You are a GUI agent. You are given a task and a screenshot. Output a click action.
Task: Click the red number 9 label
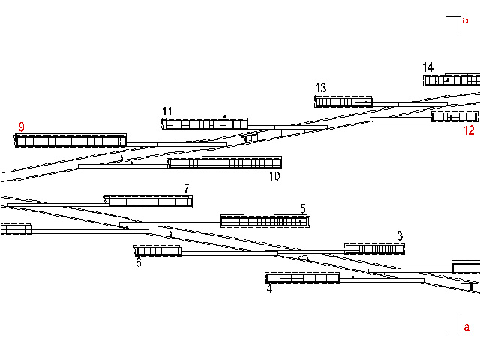click(22, 127)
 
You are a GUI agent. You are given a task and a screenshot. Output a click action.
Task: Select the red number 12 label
click(469, 130)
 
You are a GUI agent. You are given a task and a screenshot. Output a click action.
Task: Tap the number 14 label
click(428, 67)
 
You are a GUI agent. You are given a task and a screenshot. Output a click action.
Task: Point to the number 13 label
click(321, 88)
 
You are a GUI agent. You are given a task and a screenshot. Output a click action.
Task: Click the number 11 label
click(167, 111)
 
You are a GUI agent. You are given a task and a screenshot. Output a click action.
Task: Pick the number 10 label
click(274, 176)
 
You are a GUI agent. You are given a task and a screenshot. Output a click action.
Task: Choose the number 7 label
click(187, 189)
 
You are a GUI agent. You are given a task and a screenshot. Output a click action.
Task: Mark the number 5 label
click(303, 208)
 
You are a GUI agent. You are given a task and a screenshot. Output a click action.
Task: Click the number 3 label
click(400, 235)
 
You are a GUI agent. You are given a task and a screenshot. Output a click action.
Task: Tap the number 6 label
click(139, 262)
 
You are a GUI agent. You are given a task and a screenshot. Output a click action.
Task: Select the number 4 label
click(269, 288)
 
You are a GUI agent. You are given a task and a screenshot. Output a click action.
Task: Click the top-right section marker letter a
click(466, 20)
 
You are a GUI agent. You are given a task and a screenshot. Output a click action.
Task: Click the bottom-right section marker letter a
click(466, 327)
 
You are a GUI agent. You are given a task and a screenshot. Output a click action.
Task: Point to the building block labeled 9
click(70, 140)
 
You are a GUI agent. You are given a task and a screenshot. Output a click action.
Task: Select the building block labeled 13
click(343, 101)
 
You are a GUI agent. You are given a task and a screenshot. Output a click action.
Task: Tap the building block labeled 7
click(150, 202)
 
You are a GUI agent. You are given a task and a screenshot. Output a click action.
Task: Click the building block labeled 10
click(224, 163)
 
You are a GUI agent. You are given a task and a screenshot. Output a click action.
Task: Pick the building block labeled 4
click(302, 278)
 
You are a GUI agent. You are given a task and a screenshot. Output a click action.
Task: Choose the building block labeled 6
click(158, 250)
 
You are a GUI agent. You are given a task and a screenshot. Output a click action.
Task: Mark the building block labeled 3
click(374, 248)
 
